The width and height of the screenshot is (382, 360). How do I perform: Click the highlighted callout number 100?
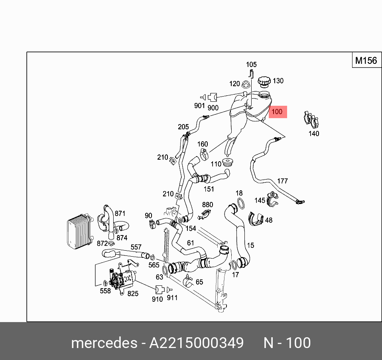pyautogui.click(x=277, y=112)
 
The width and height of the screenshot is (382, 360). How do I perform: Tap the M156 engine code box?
pyautogui.click(x=366, y=61)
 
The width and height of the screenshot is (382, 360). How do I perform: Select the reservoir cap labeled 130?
pyautogui.click(x=264, y=82)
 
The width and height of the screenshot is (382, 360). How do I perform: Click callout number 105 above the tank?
pyautogui.click(x=251, y=65)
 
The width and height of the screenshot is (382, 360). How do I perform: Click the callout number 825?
pyautogui.click(x=133, y=294)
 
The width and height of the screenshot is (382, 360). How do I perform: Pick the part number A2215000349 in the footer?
pyautogui.click(x=196, y=343)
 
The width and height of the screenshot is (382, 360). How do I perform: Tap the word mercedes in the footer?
pyautogui.click(x=103, y=343)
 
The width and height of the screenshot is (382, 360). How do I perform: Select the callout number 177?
pyautogui.click(x=282, y=181)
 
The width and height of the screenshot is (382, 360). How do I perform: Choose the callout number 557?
pyautogui.click(x=136, y=247)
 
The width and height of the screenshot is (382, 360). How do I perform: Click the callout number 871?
pyautogui.click(x=120, y=214)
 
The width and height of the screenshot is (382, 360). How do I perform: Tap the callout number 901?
pyautogui.click(x=199, y=106)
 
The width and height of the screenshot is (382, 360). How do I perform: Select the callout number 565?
pyautogui.click(x=154, y=265)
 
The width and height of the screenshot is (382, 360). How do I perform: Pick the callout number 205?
pyautogui.click(x=183, y=127)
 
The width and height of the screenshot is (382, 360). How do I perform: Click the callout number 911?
pyautogui.click(x=172, y=298)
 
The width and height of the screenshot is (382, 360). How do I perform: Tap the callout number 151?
pyautogui.click(x=209, y=189)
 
